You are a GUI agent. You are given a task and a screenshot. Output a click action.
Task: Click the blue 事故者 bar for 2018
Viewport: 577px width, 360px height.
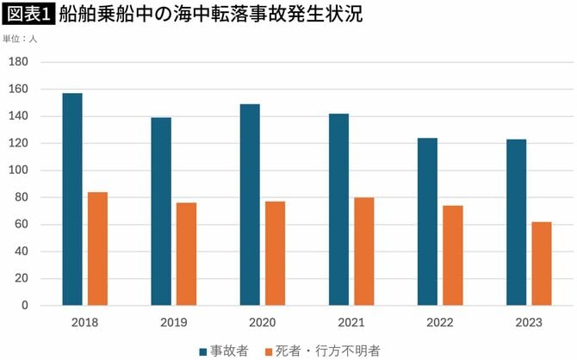[72, 199]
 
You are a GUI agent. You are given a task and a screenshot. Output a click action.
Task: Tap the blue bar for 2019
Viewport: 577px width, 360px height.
[161, 211]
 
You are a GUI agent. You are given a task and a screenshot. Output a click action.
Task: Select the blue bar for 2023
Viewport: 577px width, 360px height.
[516, 222]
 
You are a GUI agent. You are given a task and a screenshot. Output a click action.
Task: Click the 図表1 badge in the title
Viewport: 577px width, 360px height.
[28, 15]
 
